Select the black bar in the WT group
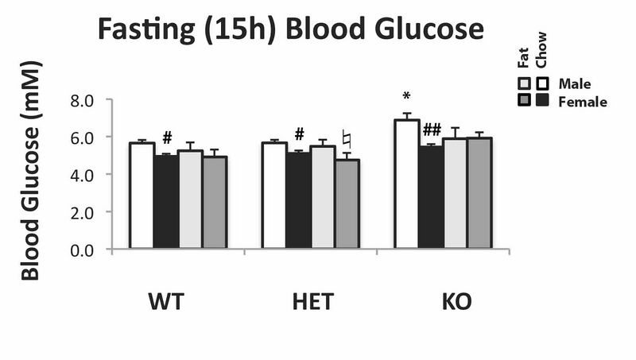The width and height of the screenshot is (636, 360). point(165,202)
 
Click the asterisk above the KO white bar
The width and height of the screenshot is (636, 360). point(406,97)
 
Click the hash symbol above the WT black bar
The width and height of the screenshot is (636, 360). point(167,137)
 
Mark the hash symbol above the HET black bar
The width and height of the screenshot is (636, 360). point(299,134)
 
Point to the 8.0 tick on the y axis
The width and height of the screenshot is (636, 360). point(83,100)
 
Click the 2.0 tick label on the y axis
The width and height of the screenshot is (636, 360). point(83,212)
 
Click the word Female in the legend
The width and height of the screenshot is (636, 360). point(583,102)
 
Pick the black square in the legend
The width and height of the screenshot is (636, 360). point(543,101)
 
